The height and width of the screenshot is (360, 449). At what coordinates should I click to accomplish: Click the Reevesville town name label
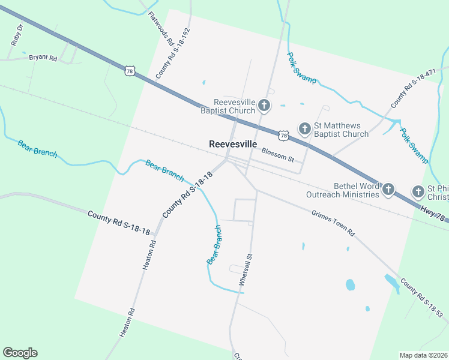[x=233, y=145]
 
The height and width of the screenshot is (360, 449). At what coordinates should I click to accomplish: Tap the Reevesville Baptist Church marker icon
[x=264, y=107]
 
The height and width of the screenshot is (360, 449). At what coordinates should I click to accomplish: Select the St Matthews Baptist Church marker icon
[x=304, y=129]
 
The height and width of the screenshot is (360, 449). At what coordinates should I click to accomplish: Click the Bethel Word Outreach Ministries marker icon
[x=388, y=190]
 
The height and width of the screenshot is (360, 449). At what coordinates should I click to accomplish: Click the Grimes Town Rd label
[x=333, y=223]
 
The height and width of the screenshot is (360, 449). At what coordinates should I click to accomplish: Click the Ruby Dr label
[x=17, y=35]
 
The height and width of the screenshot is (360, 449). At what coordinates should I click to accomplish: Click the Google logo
[x=20, y=353]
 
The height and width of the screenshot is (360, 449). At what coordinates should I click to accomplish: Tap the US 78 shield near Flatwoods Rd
[x=130, y=71]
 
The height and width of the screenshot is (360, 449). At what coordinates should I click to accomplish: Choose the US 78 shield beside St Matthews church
[x=283, y=136]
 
